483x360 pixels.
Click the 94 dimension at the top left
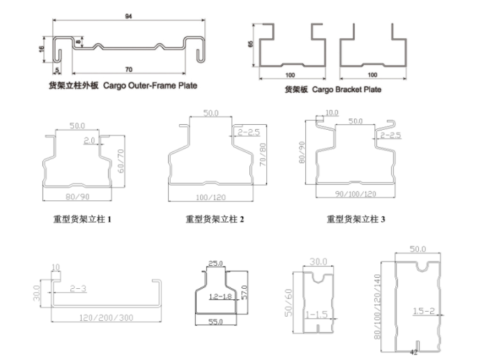[x=128, y=16]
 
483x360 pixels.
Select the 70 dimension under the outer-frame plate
[x=129, y=69]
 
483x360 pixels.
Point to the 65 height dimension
[x=250, y=44]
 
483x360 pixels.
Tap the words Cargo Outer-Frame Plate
[x=150, y=85]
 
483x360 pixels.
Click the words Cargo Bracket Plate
[x=346, y=89]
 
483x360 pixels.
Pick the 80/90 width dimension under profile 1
[x=77, y=197]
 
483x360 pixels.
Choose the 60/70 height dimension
[x=121, y=161]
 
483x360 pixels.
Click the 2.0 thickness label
[x=89, y=140]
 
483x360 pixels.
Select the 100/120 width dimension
[x=210, y=197]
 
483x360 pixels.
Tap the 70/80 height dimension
[x=263, y=154]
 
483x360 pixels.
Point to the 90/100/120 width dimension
[x=355, y=194]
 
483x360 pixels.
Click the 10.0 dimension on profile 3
[x=332, y=113]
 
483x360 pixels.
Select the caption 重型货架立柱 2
[x=215, y=219]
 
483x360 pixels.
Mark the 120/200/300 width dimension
[x=106, y=317]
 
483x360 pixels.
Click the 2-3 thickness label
[x=78, y=289]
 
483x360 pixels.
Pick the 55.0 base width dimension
[x=215, y=322]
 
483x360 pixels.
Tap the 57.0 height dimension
[x=244, y=292]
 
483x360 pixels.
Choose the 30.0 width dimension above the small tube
[x=319, y=262]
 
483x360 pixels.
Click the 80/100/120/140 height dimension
[x=377, y=307]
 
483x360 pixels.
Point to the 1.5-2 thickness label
[x=424, y=311]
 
